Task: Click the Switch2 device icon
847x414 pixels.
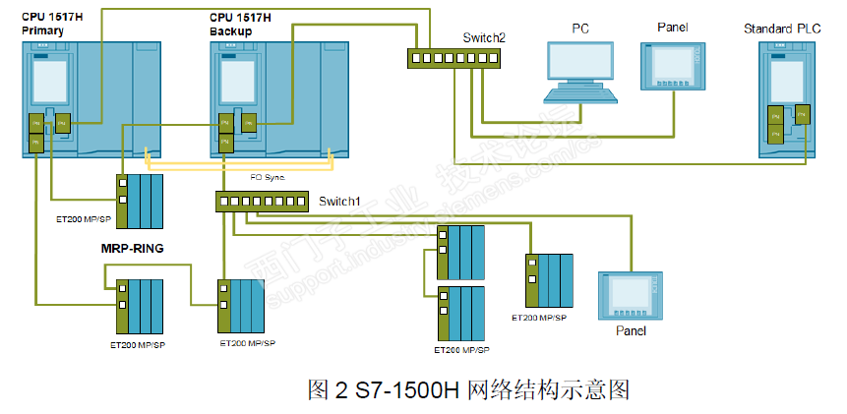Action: [x=452, y=58]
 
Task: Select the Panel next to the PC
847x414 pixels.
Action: [x=673, y=66]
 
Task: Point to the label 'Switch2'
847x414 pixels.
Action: [x=484, y=37]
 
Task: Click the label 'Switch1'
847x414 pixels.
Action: [x=339, y=202]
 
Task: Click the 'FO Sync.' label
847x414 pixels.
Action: [x=256, y=178]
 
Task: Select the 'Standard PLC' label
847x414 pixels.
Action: [x=782, y=30]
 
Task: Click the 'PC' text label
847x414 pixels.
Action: [x=581, y=28]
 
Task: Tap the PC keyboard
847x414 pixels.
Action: [x=581, y=95]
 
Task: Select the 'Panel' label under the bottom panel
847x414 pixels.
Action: [x=631, y=331]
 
